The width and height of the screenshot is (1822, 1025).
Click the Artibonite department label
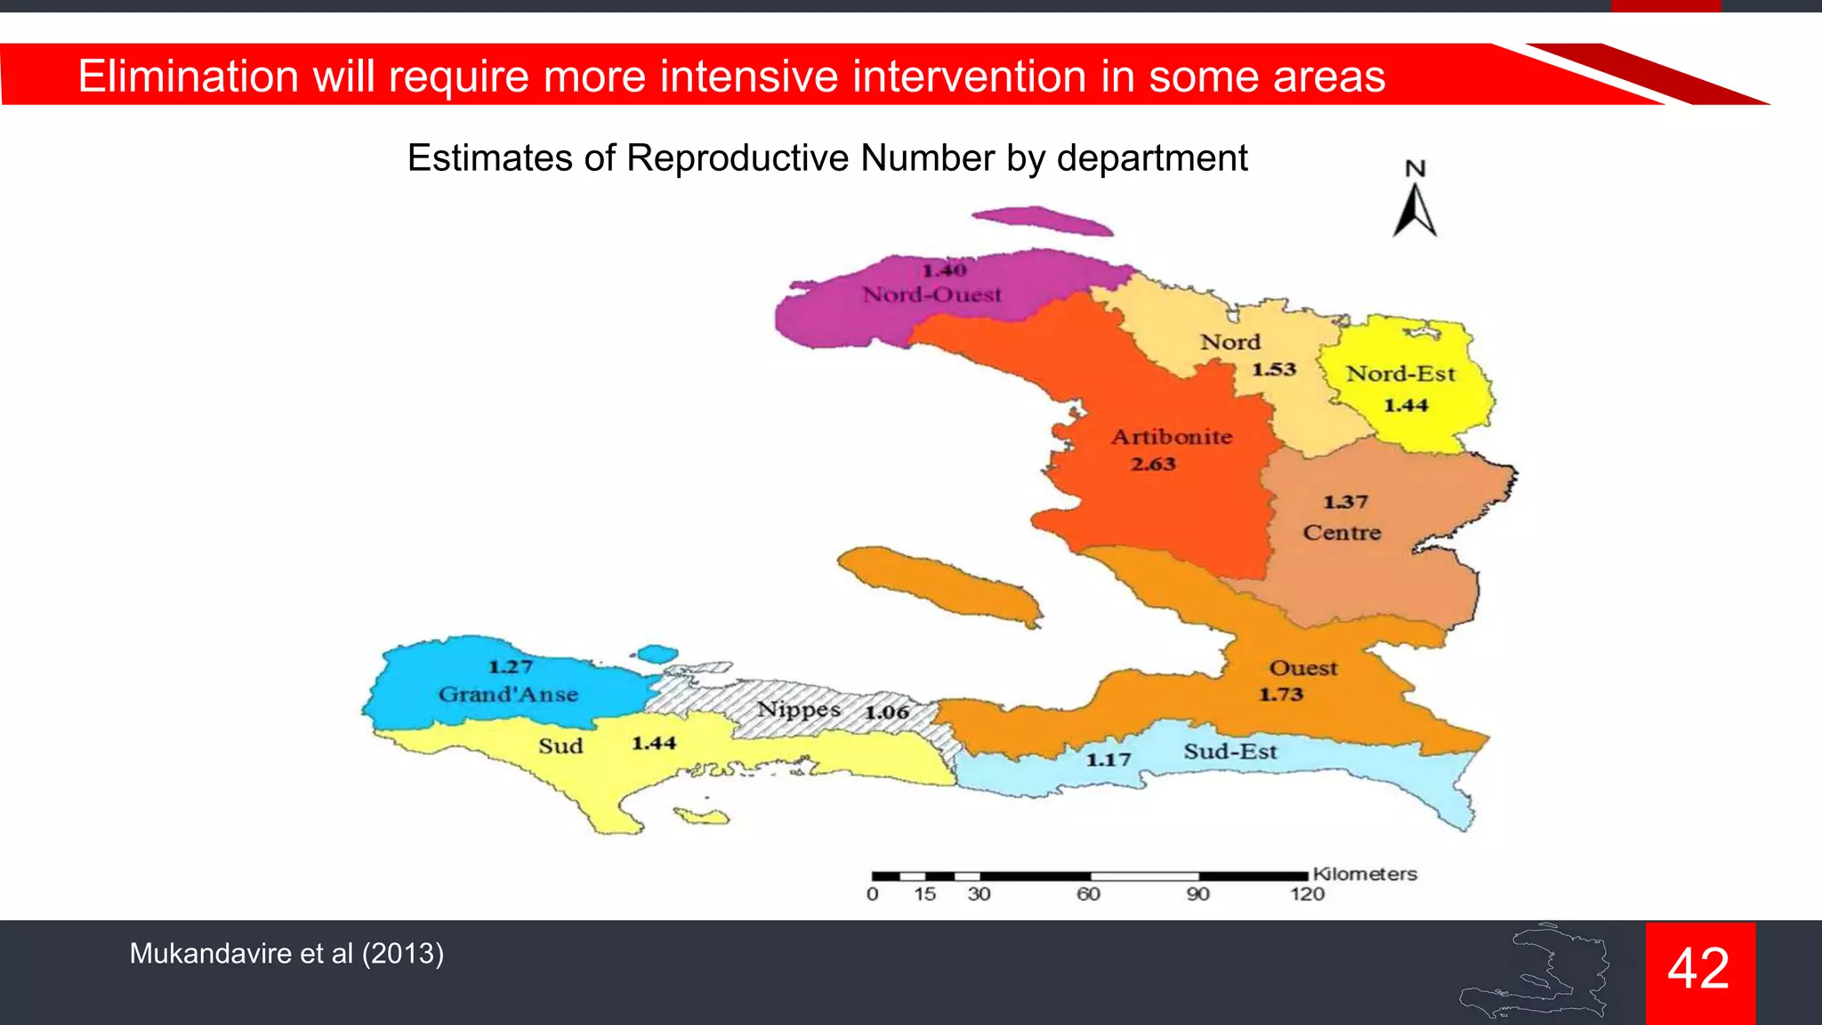click(x=1172, y=437)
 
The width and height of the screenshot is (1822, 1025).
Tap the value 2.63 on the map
click(x=1153, y=464)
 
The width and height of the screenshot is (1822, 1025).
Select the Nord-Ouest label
click(x=931, y=295)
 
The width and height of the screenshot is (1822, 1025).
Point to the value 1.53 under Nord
click(x=1274, y=369)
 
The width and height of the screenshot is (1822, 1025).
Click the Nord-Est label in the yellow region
click(x=1400, y=374)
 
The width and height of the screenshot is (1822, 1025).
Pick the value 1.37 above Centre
click(x=1345, y=502)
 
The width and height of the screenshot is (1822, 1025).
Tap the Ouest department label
click(x=1302, y=668)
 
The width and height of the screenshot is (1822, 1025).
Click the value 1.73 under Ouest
click(x=1280, y=694)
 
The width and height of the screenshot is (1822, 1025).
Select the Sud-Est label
click(x=1229, y=752)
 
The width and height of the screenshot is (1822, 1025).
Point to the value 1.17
click(x=1108, y=760)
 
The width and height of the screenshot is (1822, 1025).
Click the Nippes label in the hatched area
click(x=799, y=710)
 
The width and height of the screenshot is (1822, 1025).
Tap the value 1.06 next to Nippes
click(x=887, y=712)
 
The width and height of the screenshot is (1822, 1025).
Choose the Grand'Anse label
click(x=508, y=694)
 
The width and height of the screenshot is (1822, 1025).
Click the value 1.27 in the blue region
click(x=511, y=666)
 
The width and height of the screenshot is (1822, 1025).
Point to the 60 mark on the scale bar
click(x=1088, y=893)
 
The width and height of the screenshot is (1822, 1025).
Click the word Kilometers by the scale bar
click(x=1364, y=874)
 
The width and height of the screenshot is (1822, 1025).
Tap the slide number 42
click(x=1698, y=969)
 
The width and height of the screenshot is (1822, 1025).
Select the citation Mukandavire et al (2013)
click(x=286, y=954)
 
